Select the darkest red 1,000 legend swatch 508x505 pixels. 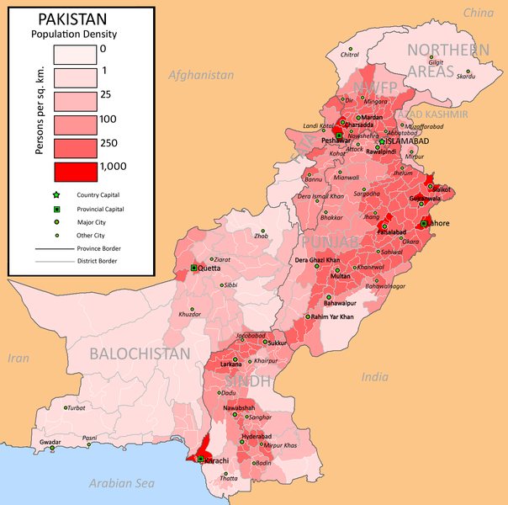coord(76,172)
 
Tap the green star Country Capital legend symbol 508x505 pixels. coord(60,194)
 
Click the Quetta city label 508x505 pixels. coord(209,268)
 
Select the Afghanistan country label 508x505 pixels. coord(201,75)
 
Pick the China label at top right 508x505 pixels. coord(478,13)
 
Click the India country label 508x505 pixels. coord(376,377)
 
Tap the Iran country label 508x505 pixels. coord(18,358)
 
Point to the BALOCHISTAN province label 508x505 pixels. coord(140,353)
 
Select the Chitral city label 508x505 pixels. coord(349,55)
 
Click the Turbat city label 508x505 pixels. coord(77,407)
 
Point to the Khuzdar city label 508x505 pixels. coord(190,314)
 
